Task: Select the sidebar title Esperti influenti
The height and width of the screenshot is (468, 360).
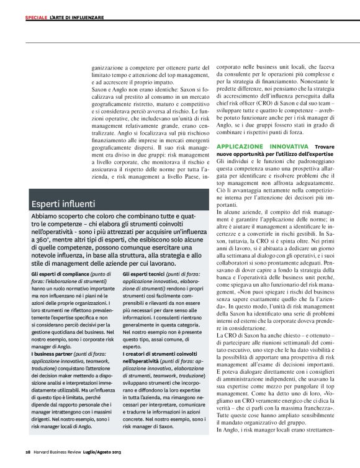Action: [x=63, y=202]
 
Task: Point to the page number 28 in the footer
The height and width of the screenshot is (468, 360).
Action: [x=29, y=450]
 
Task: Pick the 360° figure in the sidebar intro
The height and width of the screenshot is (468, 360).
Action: [x=43, y=238]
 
